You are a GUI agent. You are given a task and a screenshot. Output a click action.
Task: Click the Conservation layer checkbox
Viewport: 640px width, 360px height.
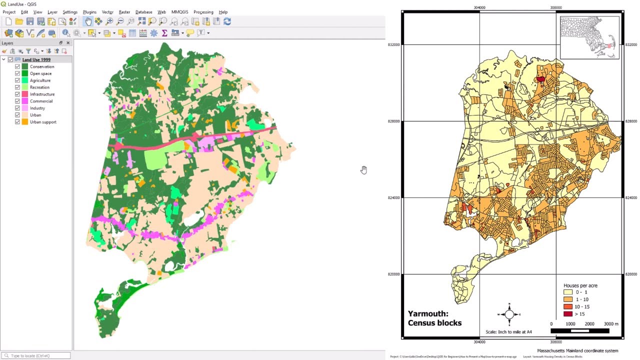pyautogui.click(x=17, y=66)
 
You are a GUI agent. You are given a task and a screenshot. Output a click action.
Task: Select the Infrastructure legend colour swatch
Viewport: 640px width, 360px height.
pyautogui.click(x=24, y=94)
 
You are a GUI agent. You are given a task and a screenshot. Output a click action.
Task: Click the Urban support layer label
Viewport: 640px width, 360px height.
pyautogui.click(x=43, y=122)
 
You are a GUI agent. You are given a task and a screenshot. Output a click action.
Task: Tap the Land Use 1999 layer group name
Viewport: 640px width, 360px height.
pyautogui.click(x=36, y=59)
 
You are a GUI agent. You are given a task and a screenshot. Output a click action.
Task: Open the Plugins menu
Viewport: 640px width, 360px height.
pyautogui.click(x=89, y=12)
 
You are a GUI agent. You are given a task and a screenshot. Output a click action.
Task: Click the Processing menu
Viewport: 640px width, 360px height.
pyautogui.click(x=203, y=12)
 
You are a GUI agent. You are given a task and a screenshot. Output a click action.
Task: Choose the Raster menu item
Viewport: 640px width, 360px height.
pyautogui.click(x=124, y=12)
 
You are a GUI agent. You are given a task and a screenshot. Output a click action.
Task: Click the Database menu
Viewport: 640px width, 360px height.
pyautogui.click(x=143, y=12)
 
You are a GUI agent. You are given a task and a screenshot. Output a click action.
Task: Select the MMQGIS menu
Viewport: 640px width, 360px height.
pyautogui.click(x=179, y=12)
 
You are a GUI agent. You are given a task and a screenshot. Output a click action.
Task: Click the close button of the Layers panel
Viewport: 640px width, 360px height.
pyautogui.click(x=68, y=43)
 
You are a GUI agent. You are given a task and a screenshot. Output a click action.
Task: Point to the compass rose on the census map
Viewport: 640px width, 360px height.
pyautogui.click(x=509, y=314)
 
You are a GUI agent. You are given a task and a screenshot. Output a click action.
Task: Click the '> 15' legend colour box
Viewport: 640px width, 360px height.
pyautogui.click(x=567, y=314)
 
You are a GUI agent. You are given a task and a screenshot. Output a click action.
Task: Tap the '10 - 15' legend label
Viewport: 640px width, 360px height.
pyautogui.click(x=582, y=306)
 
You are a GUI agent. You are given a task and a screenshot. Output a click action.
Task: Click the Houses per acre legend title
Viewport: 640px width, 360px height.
pyautogui.click(x=580, y=285)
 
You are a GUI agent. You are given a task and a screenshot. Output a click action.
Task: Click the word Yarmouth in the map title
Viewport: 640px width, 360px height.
pyautogui.click(x=427, y=314)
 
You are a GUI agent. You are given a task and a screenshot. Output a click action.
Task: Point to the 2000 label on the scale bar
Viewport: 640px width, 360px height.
pyautogui.click(x=589, y=324)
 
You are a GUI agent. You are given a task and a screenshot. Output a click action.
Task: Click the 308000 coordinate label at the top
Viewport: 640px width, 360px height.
pyautogui.click(x=555, y=7)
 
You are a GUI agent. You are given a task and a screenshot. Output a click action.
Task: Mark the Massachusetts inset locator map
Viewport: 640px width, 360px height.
pyautogui.click(x=589, y=37)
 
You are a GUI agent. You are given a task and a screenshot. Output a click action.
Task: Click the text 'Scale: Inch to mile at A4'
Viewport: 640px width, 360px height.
pyautogui.click(x=508, y=332)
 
